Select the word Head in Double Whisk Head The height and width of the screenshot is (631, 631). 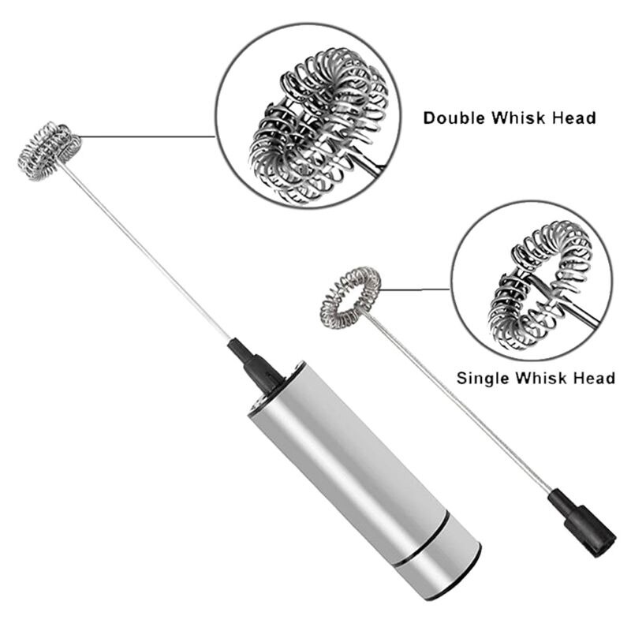pos(574,118)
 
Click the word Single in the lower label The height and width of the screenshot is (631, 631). pos(483,378)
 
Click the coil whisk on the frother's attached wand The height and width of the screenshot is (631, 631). pos(49,150)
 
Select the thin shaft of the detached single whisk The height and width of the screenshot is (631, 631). pos(465,402)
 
